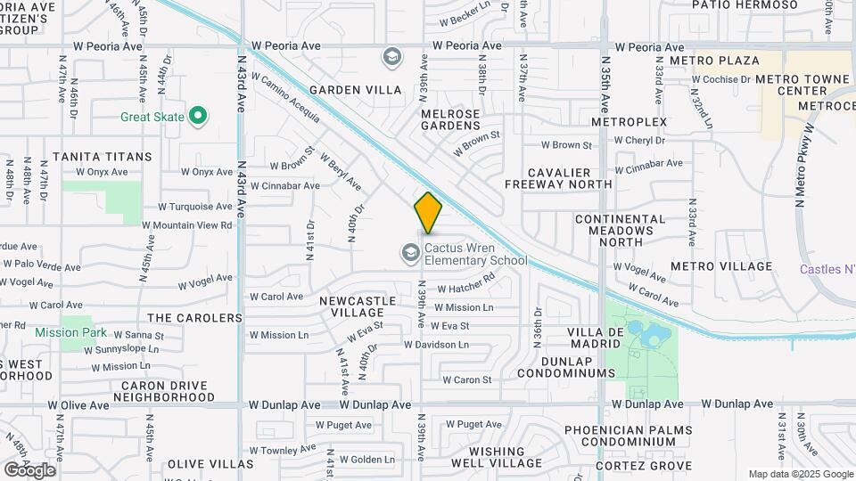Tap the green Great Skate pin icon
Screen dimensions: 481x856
point(199,117)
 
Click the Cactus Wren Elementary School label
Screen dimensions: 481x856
point(475,255)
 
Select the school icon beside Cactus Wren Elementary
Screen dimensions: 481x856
point(410,255)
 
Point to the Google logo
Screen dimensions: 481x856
point(29,469)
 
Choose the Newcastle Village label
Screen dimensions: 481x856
point(358,306)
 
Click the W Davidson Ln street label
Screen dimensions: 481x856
point(436,344)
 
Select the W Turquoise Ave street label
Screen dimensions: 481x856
point(194,206)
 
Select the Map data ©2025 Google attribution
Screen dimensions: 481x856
point(800,474)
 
